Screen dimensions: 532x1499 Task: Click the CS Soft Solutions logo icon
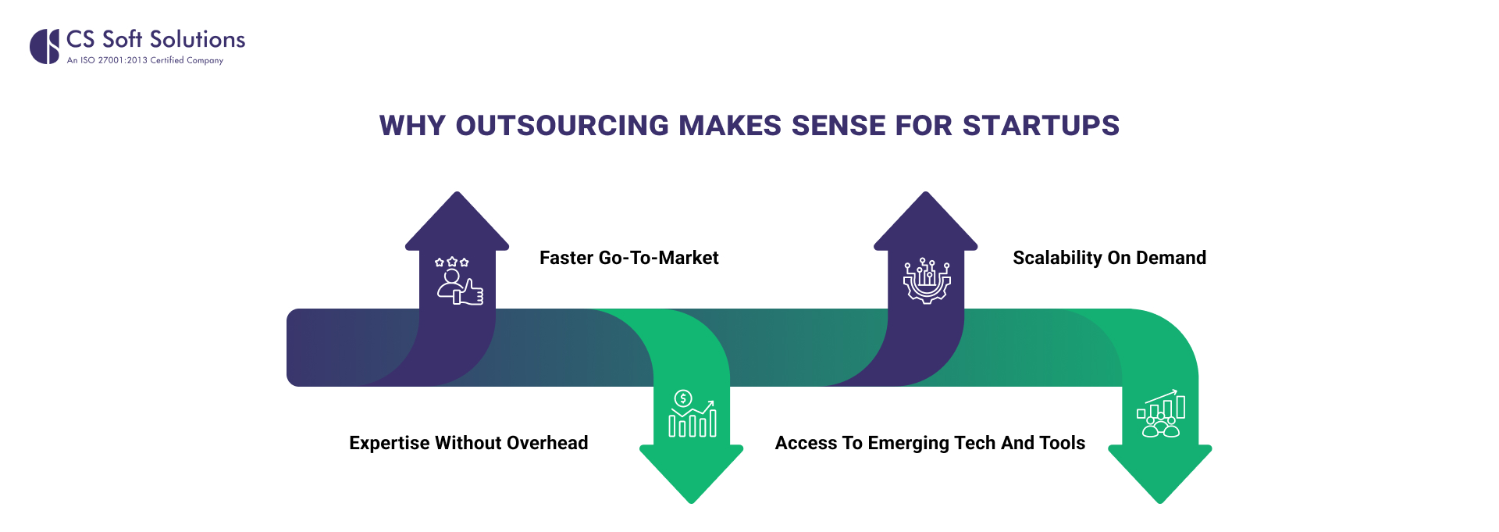[x=45, y=46]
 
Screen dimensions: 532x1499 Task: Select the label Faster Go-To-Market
[x=628, y=258]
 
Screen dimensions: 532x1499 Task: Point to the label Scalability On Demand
[x=1109, y=258]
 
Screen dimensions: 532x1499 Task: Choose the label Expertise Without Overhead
[x=468, y=443]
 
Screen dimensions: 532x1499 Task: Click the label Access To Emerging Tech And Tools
[x=930, y=443]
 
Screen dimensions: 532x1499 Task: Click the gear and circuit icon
[x=927, y=280]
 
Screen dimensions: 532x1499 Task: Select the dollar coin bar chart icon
[x=692, y=414]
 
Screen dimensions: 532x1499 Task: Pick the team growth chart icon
[x=1161, y=414]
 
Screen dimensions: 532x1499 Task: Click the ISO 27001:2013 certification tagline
[x=145, y=60]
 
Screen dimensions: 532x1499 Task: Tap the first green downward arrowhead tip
[x=691, y=500]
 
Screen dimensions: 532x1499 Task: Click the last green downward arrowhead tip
[x=1159, y=500]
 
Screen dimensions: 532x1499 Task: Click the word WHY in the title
[x=412, y=126]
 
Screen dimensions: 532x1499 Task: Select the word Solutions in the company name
[x=198, y=39]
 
